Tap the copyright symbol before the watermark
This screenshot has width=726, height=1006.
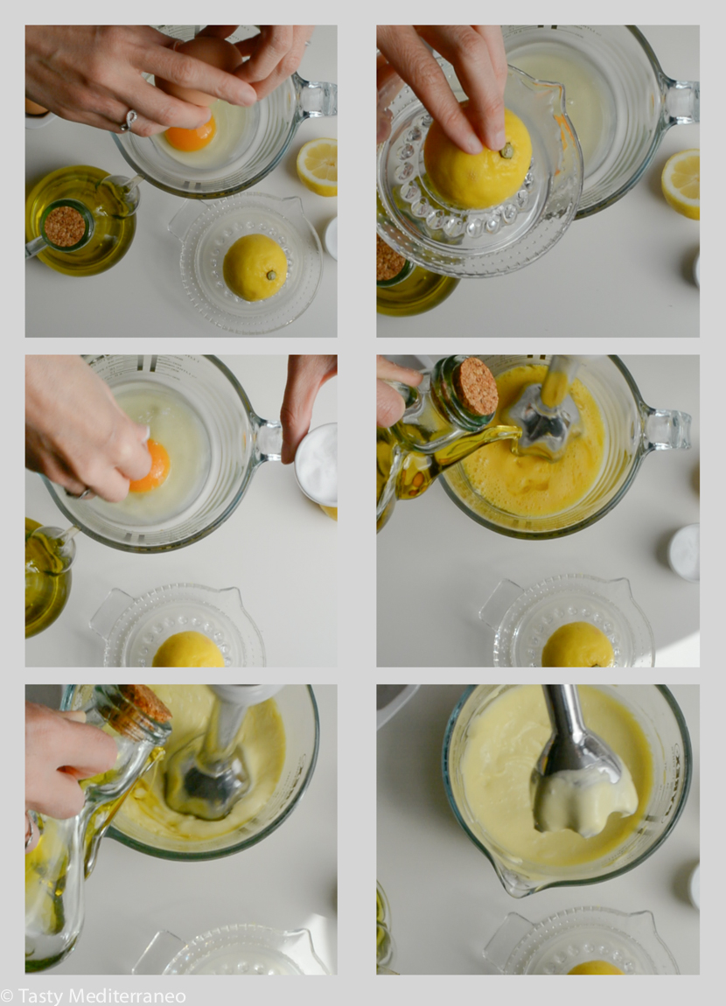[7, 996]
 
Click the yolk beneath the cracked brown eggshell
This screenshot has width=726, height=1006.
[191, 135]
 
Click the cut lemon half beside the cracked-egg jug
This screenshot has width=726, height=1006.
[317, 167]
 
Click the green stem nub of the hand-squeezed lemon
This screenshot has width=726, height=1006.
[506, 151]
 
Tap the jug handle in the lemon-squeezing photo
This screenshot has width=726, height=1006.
[679, 101]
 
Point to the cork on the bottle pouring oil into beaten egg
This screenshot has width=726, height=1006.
[475, 387]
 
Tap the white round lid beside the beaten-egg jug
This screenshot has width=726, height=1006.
[684, 552]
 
